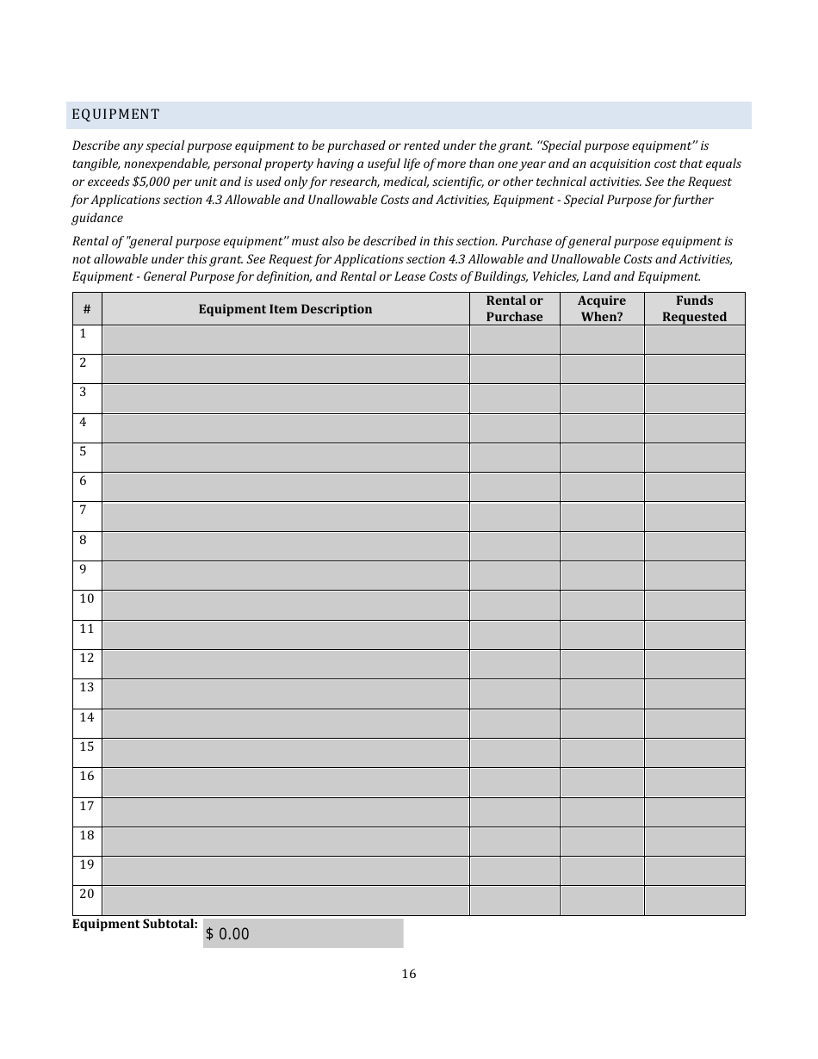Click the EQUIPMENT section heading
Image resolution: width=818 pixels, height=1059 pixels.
pyautogui.click(x=115, y=115)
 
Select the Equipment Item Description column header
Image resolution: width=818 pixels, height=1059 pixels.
pyautogui.click(x=285, y=309)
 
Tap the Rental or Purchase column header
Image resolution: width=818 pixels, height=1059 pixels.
pyautogui.click(x=514, y=309)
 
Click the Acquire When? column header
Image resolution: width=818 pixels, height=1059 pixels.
pyautogui.click(x=601, y=309)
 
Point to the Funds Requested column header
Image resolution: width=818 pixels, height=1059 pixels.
pyautogui.click(x=694, y=309)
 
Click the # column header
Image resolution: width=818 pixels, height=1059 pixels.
pyautogui.click(x=87, y=309)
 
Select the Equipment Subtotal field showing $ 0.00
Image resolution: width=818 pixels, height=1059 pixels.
pyautogui.click(x=303, y=933)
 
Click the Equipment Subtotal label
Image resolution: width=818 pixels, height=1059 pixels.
pyautogui.click(x=135, y=924)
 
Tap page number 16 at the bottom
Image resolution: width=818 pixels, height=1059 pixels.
pyautogui.click(x=408, y=974)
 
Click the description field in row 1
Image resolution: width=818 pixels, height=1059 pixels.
pyautogui.click(x=285, y=339)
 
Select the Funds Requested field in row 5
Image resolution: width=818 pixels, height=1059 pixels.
pyautogui.click(x=694, y=457)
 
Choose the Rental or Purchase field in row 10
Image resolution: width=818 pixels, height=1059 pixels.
pyautogui.click(x=514, y=605)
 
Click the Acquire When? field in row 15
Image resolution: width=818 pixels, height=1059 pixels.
pyautogui.click(x=601, y=752)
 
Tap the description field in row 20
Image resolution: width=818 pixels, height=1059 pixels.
pyautogui.click(x=285, y=900)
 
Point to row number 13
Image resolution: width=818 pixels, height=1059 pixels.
pyautogui.click(x=87, y=688)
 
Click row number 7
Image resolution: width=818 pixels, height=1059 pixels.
pyautogui.click(x=84, y=511)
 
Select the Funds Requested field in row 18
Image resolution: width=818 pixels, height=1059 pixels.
pyautogui.click(x=694, y=841)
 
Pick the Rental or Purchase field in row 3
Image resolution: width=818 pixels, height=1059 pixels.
pyautogui.click(x=514, y=399)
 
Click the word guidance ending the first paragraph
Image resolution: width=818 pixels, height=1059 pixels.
pyautogui.click(x=97, y=218)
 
